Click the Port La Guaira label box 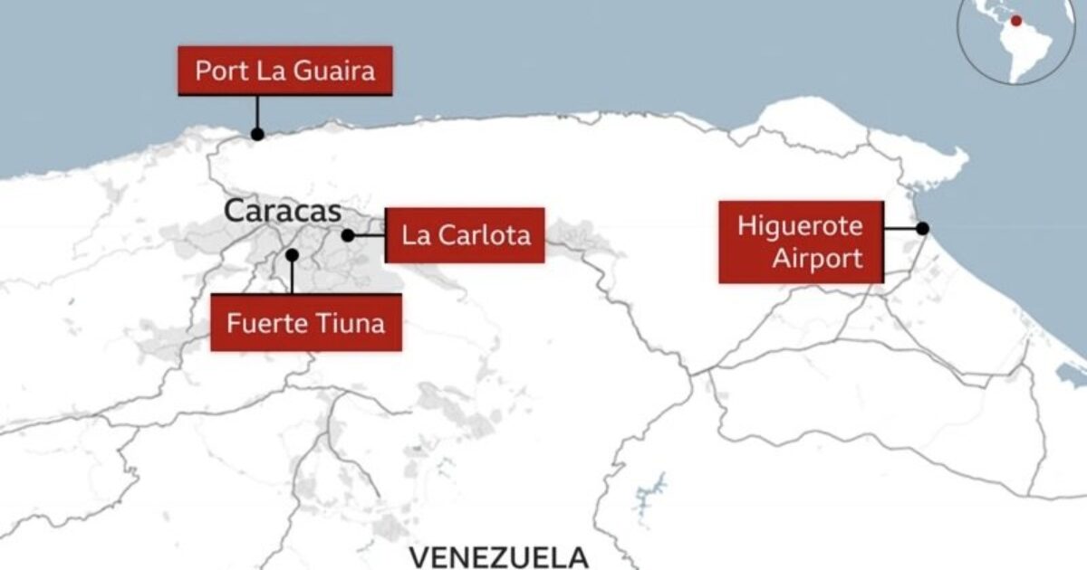point(285,71)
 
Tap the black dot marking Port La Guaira point(257,134)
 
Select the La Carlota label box point(465,235)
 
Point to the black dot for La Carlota point(348,235)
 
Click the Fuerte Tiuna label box point(306,322)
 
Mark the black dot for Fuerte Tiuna point(292,255)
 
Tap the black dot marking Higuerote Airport point(922,229)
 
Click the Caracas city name point(283,212)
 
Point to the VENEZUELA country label point(498,556)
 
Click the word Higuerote point(800,225)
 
